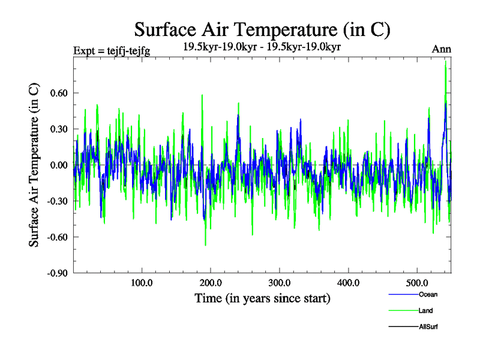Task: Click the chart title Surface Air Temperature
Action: click(x=263, y=29)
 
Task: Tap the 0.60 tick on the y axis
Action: click(x=57, y=93)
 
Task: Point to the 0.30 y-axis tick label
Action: click(x=57, y=129)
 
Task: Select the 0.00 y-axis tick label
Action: click(x=57, y=165)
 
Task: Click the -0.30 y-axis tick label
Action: click(x=56, y=201)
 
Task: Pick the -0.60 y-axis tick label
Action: click(x=56, y=237)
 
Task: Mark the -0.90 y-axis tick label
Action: click(x=56, y=273)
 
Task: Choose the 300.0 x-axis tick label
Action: click(x=280, y=283)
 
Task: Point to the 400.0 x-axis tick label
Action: click(x=349, y=283)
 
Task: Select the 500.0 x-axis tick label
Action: click(x=418, y=283)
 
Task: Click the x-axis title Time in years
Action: click(x=262, y=298)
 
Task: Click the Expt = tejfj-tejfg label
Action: click(x=111, y=50)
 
